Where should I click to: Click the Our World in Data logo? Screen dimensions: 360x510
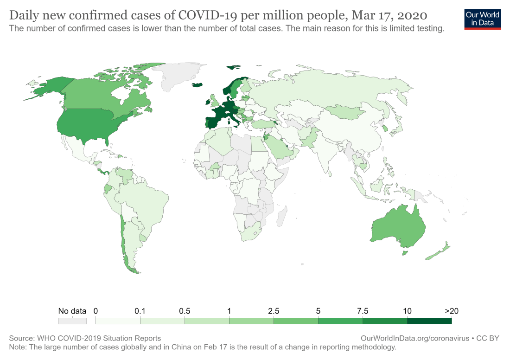tap(483, 19)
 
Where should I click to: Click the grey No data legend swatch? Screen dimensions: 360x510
tap(72, 321)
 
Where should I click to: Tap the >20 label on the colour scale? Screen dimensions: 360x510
tap(451, 311)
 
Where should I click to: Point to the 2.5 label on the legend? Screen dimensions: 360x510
tap(274, 311)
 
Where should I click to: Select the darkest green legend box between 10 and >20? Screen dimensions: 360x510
tap(429, 321)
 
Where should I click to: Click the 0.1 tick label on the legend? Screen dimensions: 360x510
tap(140, 311)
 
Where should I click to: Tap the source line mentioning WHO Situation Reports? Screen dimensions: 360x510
tap(85, 338)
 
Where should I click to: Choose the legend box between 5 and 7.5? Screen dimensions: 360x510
tap(340, 321)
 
